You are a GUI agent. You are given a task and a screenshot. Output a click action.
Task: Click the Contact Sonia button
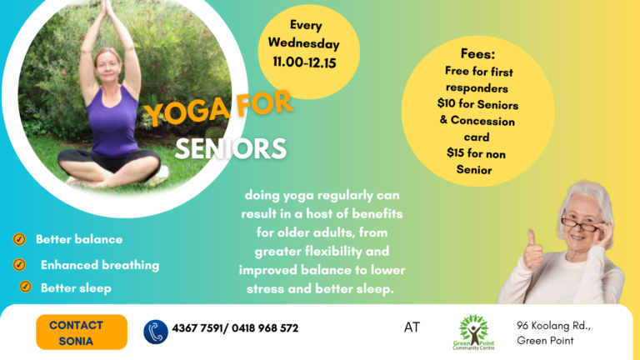pyautogui.click(x=82, y=332)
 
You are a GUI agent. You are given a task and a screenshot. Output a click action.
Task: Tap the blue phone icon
pyautogui.click(x=156, y=332)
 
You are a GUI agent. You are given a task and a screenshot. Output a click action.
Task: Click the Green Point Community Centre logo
pyautogui.click(x=473, y=332)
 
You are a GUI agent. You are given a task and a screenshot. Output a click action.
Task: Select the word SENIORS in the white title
pyautogui.click(x=231, y=148)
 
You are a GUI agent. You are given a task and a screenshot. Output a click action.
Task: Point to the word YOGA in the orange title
pyautogui.click(x=187, y=110)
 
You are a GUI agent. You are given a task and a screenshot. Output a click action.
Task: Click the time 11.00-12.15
pyautogui.click(x=304, y=62)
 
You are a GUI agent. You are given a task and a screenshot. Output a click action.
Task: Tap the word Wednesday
pyautogui.click(x=303, y=43)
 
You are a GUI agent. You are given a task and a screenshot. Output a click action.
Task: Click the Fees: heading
pyautogui.click(x=477, y=53)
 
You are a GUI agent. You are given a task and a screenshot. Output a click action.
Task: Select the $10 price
pyautogui.click(x=446, y=102)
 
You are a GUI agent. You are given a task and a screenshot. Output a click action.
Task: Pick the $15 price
pyautogui.click(x=455, y=152)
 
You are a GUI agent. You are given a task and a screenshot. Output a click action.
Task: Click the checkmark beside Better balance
pyautogui.click(x=19, y=239)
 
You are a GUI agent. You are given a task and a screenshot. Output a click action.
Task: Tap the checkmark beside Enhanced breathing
pyautogui.click(x=19, y=264)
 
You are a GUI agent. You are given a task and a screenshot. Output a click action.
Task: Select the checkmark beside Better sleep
pyautogui.click(x=25, y=287)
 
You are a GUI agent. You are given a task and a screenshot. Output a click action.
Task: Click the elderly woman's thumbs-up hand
pyautogui.click(x=534, y=251)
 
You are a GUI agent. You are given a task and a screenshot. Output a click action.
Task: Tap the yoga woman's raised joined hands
pyautogui.click(x=107, y=9)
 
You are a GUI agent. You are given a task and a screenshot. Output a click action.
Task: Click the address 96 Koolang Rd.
pyautogui.click(x=553, y=325)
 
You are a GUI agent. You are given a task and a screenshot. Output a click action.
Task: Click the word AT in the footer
pyautogui.click(x=412, y=327)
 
